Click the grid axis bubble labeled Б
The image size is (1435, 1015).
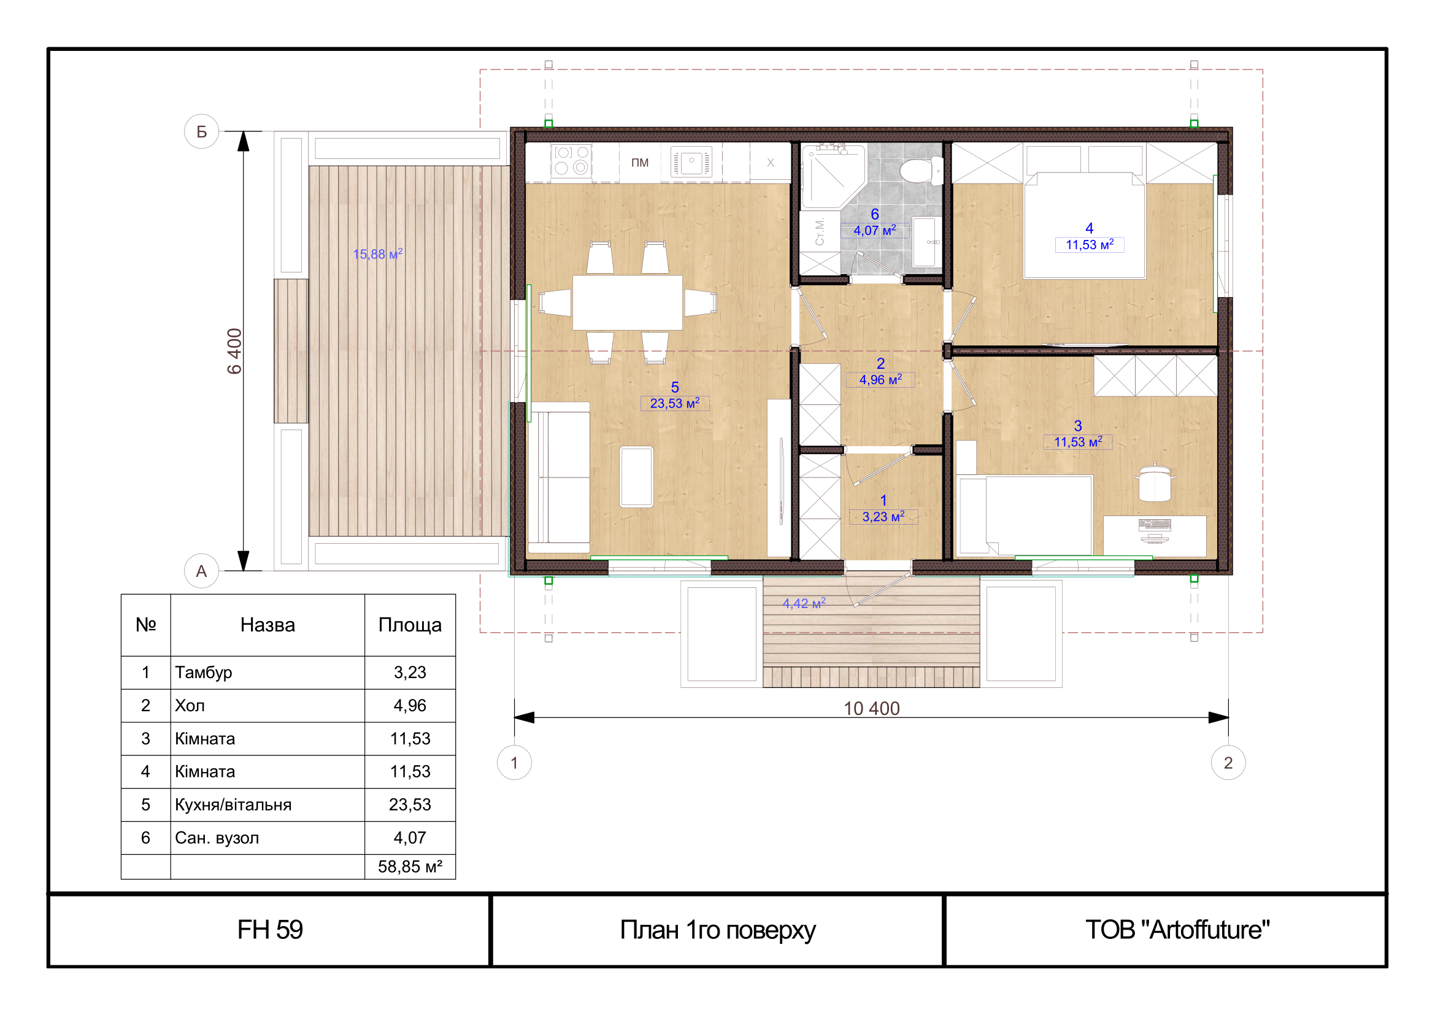pyautogui.click(x=201, y=131)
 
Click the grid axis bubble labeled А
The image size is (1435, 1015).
pyautogui.click(x=201, y=571)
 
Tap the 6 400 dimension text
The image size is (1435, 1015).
pyautogui.click(x=234, y=351)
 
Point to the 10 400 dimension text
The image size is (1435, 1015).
pyautogui.click(x=871, y=708)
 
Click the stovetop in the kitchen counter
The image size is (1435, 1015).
pyautogui.click(x=571, y=160)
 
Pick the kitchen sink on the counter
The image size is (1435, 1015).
pyautogui.click(x=691, y=162)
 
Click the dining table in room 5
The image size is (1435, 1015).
pyautogui.click(x=628, y=303)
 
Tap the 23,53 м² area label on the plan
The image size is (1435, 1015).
pyautogui.click(x=675, y=403)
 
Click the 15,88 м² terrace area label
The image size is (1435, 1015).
pyautogui.click(x=377, y=254)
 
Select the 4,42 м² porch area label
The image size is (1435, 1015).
pyautogui.click(x=804, y=603)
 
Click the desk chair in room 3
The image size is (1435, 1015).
pyautogui.click(x=1155, y=482)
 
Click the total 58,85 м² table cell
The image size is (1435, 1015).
pyautogui.click(x=410, y=867)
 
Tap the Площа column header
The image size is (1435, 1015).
pyautogui.click(x=410, y=625)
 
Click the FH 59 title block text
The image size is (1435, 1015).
pyautogui.click(x=270, y=929)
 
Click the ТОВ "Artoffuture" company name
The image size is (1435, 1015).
pyautogui.click(x=1177, y=929)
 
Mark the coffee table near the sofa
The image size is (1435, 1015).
pyautogui.click(x=636, y=477)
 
